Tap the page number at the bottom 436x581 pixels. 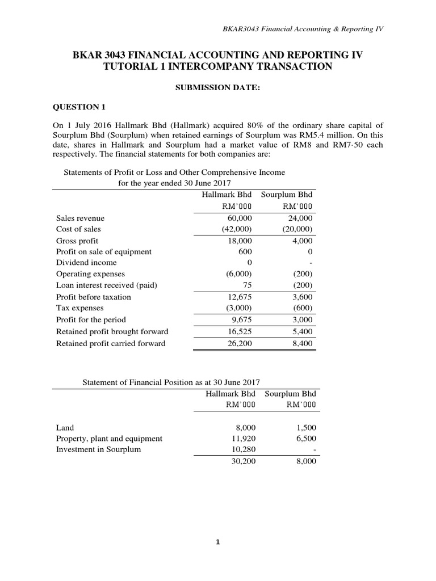pyautogui.click(x=217, y=542)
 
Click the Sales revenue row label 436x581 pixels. pyautogui.click(x=80, y=218)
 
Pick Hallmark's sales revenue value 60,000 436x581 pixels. pyautogui.click(x=240, y=218)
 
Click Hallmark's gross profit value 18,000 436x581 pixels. pyautogui.click(x=240, y=241)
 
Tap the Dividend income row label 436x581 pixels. pyautogui.click(x=86, y=263)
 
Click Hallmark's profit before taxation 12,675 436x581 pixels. pyautogui.click(x=240, y=297)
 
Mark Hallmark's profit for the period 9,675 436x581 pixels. pyautogui.click(x=242, y=319)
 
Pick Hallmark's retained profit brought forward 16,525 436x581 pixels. pyautogui.click(x=240, y=331)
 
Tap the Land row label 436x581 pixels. pyautogui.click(x=65, y=427)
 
